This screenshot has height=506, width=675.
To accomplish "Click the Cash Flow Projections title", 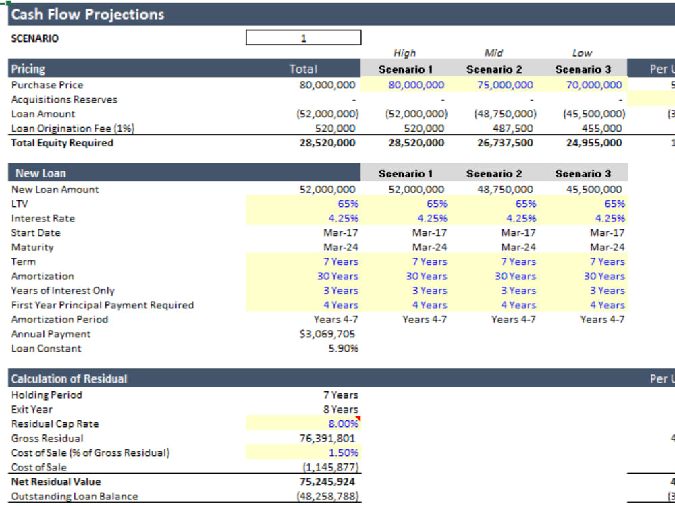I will click(88, 14).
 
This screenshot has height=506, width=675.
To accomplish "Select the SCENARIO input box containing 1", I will click(304, 38).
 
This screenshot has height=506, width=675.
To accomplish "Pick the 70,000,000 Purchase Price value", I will click(593, 85).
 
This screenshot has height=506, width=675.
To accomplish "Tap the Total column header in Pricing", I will click(303, 69).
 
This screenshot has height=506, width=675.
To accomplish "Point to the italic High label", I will click(404, 53).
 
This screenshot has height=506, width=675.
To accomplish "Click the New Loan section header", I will click(40, 173).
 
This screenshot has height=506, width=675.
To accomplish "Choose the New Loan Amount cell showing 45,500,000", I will click(593, 190).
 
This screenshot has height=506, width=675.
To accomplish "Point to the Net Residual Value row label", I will click(56, 482).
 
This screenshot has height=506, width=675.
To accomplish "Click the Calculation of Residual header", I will click(69, 378).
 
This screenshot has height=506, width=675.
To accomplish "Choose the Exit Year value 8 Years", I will click(340, 410).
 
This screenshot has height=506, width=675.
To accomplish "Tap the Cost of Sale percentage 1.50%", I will click(344, 453).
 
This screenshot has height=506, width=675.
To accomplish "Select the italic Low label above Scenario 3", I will click(581, 53).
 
